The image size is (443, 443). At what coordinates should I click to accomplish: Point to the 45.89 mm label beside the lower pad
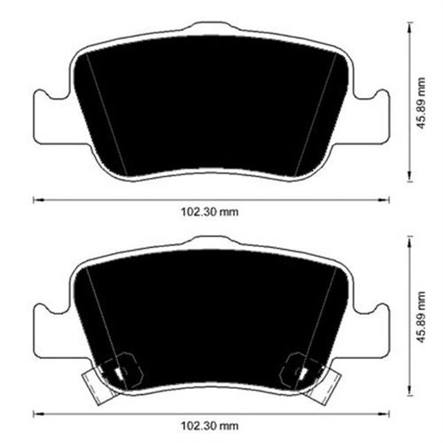tap(421, 318)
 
